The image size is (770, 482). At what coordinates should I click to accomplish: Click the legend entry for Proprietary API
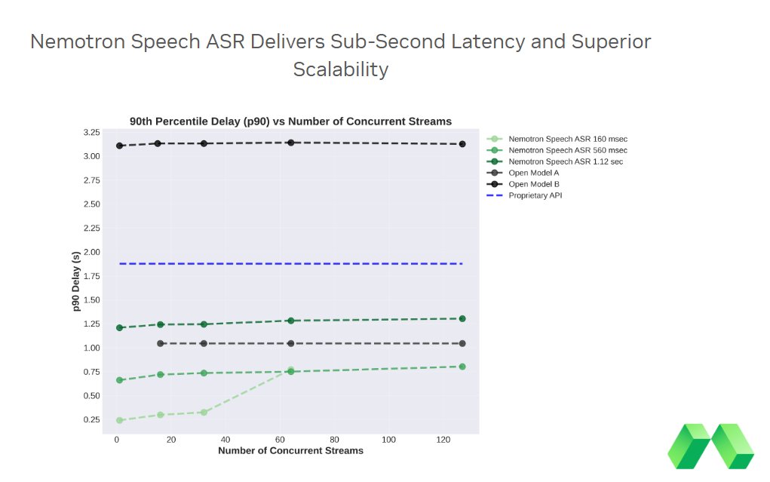pyautogui.click(x=535, y=195)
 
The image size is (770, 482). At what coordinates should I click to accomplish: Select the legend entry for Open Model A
pyautogui.click(x=533, y=173)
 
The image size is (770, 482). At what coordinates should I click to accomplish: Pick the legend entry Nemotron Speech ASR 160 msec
pyautogui.click(x=567, y=139)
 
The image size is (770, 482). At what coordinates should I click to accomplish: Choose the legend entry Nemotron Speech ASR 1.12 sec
pyautogui.click(x=565, y=161)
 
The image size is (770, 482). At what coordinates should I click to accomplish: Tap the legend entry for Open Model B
pyautogui.click(x=533, y=184)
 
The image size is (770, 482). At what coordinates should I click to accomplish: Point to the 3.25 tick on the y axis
pyautogui.click(x=91, y=133)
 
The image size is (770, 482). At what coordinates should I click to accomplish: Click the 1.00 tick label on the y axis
pyautogui.click(x=91, y=348)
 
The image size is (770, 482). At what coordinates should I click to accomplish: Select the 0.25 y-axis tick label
pyautogui.click(x=91, y=419)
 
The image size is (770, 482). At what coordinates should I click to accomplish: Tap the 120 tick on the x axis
pyautogui.click(x=443, y=439)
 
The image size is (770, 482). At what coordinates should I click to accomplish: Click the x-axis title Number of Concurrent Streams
pyautogui.click(x=290, y=450)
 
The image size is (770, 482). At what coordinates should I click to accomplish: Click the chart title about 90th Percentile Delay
pyautogui.click(x=290, y=121)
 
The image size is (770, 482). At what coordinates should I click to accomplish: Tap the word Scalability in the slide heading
pyautogui.click(x=340, y=69)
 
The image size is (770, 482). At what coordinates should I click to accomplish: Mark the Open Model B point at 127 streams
pyautogui.click(x=462, y=144)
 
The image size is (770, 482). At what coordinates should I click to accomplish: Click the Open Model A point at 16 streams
pyautogui.click(x=160, y=343)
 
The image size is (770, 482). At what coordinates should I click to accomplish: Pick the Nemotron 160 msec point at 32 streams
pyautogui.click(x=204, y=412)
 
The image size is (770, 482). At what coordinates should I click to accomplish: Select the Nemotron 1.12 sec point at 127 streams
pyautogui.click(x=462, y=318)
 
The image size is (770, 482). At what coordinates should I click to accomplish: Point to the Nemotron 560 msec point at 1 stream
pyautogui.click(x=119, y=380)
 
